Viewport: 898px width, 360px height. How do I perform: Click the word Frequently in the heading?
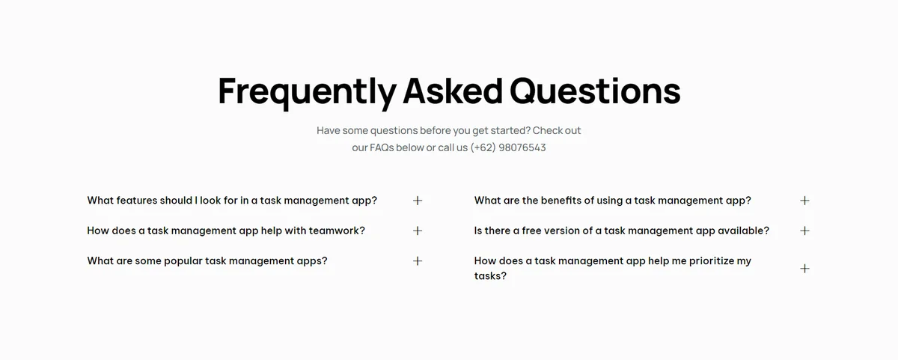pos(307,92)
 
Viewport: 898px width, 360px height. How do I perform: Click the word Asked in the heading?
pos(453,91)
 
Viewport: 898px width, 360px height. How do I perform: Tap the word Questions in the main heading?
pos(595,91)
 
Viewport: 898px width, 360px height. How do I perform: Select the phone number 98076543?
pos(522,147)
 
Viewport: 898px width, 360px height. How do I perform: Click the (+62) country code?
pos(483,147)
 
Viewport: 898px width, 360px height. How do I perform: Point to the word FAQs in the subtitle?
pos(382,147)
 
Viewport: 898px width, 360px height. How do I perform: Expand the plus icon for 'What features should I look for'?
pos(418,201)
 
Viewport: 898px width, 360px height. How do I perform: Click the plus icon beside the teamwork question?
pos(418,231)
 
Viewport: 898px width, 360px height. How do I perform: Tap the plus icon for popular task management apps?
pos(418,261)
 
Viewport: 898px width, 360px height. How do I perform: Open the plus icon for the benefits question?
pos(804,201)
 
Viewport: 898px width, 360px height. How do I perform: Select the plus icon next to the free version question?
pos(804,231)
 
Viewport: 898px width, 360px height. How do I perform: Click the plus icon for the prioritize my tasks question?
pos(804,268)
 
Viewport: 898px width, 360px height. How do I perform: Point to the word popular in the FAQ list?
pos(183,261)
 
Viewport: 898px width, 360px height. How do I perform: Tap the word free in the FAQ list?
pos(531,231)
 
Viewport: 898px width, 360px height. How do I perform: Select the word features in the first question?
pos(137,201)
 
